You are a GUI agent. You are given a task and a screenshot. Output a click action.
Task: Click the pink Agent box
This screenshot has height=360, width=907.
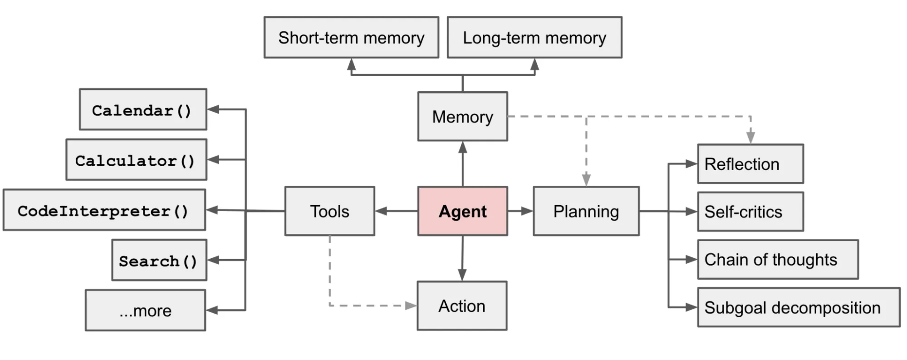462,211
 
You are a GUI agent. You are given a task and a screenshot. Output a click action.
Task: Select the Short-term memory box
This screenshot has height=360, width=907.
351,38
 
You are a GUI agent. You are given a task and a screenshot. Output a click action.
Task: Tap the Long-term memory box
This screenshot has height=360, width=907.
534,38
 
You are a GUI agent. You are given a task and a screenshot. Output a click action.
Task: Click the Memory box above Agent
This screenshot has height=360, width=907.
462,117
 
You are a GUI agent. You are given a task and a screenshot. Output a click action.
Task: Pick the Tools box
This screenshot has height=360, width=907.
329,211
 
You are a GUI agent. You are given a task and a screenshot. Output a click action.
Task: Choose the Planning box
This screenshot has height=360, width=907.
586,211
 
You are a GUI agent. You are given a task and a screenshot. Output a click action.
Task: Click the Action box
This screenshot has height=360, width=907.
462,306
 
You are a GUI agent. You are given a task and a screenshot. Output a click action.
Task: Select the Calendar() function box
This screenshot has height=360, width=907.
142,109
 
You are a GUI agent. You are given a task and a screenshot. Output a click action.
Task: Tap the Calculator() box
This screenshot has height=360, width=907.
136,160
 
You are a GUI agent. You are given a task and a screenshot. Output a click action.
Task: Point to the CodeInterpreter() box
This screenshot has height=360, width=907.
104,210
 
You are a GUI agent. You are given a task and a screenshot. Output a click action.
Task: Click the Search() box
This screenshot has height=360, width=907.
159,260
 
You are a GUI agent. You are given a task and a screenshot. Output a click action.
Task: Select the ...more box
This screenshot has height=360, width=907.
145,311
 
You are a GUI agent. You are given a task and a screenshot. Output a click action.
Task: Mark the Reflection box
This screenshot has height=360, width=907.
750,164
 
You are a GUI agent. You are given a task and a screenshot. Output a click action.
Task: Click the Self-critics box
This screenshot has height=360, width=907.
750,212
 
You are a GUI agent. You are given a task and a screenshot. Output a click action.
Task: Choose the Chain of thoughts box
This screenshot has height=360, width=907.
777,259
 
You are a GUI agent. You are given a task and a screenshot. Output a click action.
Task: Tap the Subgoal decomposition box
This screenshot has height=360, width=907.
798,307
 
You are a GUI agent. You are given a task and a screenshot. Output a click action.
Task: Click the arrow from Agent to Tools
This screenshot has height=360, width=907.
396,211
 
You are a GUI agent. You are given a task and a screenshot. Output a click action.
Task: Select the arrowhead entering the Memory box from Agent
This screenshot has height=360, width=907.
462,147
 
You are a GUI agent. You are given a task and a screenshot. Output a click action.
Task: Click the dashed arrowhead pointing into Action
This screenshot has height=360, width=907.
411,306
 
